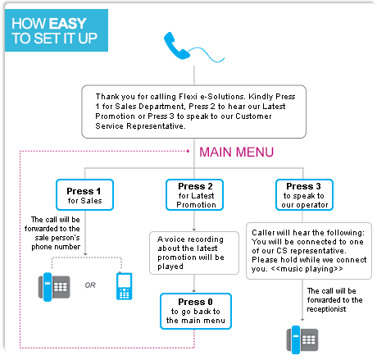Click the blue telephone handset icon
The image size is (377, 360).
(176, 46)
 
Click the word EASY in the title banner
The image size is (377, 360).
(68, 24)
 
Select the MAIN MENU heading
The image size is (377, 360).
(236, 152)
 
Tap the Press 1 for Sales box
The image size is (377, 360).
(84, 195)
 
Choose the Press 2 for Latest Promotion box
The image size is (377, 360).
(194, 195)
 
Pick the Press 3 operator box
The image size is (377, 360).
(304, 195)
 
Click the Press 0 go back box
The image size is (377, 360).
(196, 311)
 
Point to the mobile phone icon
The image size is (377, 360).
(125, 286)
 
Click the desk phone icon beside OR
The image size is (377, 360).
(54, 287)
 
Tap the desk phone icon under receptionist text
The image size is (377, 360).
(302, 339)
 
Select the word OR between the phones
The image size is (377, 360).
(90, 285)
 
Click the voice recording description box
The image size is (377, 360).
(194, 253)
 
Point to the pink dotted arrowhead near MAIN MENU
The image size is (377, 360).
(188, 151)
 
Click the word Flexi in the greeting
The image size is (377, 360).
(188, 97)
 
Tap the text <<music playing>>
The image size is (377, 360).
(307, 269)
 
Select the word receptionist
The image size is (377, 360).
(326, 309)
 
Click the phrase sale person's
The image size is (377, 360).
(57, 238)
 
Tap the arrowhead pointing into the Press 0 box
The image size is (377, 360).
(194, 291)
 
